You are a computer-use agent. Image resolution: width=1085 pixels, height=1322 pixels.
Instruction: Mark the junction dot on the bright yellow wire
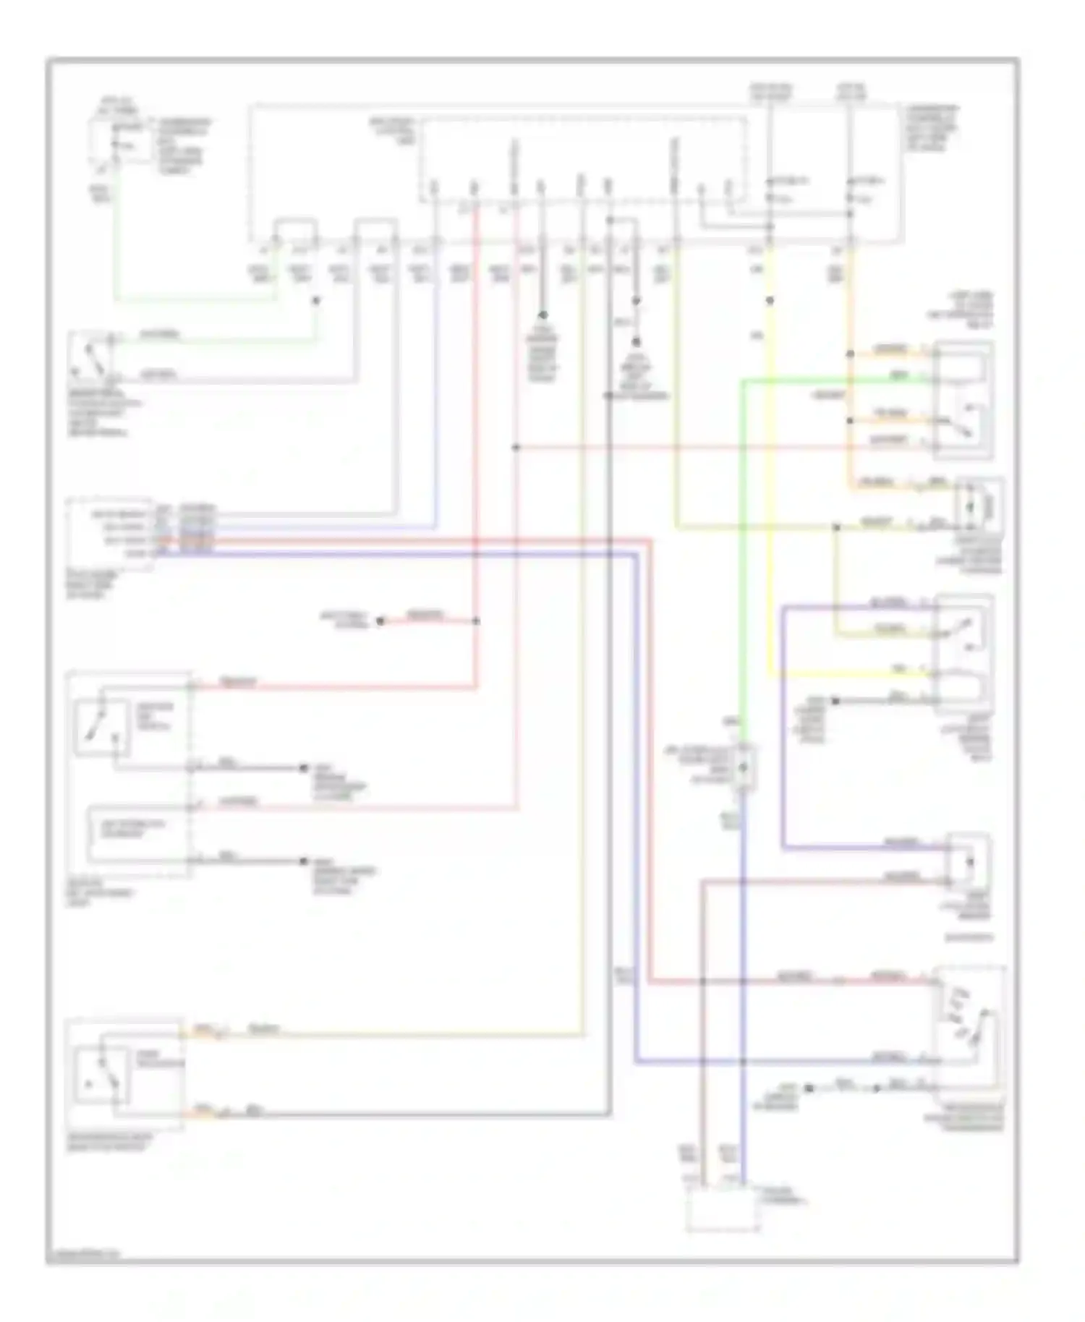click(770, 301)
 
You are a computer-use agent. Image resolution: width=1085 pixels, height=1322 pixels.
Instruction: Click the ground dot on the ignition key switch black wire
click(303, 767)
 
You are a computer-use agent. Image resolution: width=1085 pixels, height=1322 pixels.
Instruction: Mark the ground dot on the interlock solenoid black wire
click(303, 861)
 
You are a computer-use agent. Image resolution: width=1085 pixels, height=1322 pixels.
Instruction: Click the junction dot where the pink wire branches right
click(516, 448)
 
